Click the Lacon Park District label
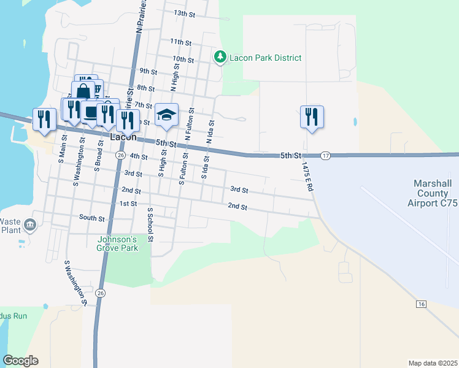(265, 58)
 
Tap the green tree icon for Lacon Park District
(220, 57)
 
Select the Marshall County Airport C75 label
(436, 193)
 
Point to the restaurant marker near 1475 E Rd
(312, 116)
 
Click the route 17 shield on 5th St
(325, 156)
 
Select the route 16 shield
(420, 304)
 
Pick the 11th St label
(181, 41)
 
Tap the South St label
(92, 217)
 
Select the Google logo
(20, 361)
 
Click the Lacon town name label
(123, 137)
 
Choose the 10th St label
(183, 59)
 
